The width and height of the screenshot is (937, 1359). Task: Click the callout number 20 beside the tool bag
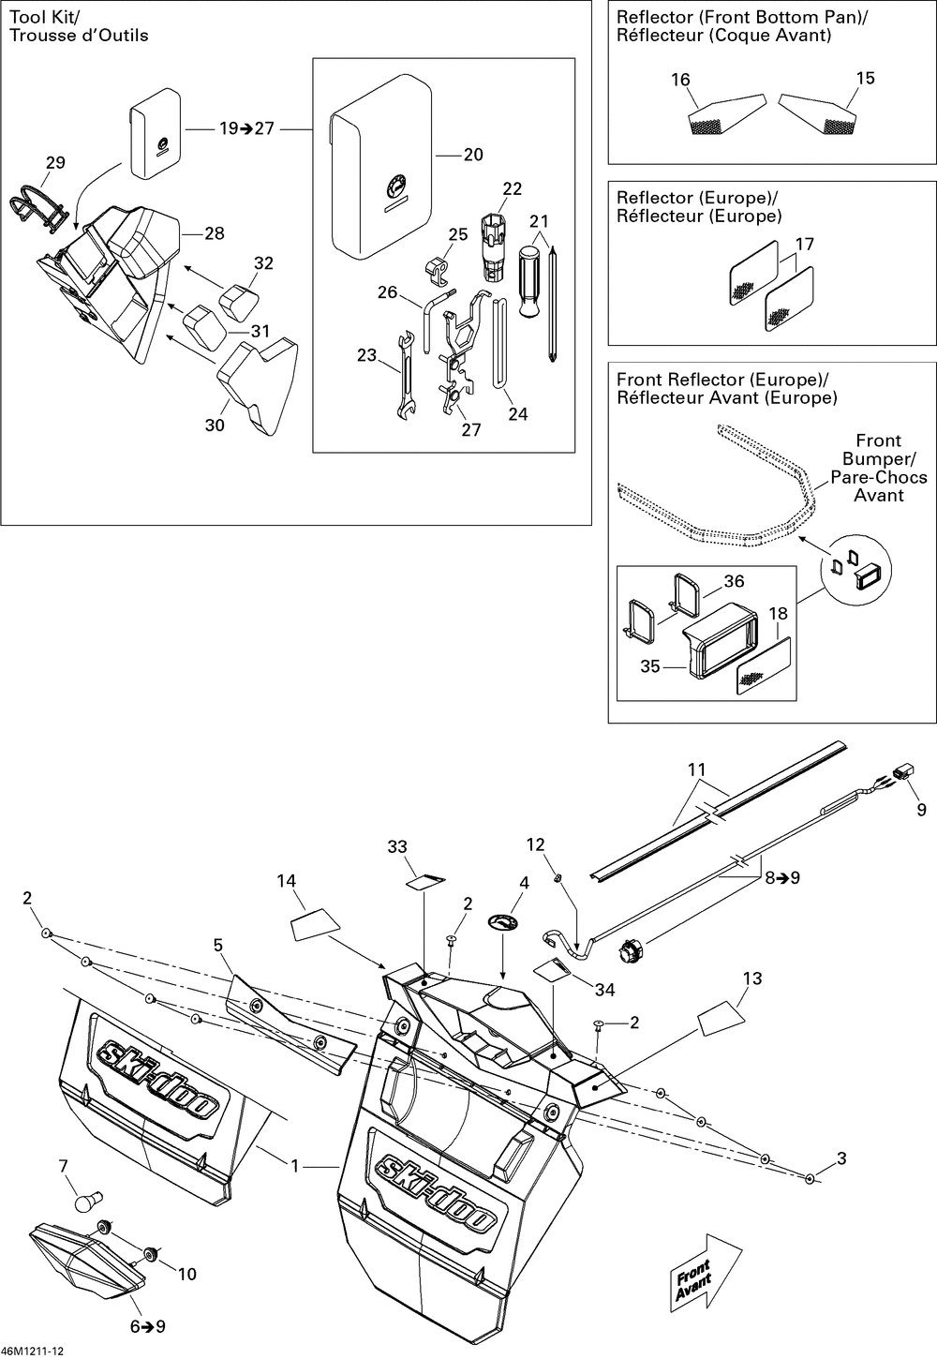coord(473,155)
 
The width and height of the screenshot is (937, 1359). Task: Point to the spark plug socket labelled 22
coord(495,246)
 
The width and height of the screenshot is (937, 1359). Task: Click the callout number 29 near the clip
coord(55,162)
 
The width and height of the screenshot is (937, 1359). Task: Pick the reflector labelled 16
coord(726,114)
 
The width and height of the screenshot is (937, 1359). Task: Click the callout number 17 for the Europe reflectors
coord(804,244)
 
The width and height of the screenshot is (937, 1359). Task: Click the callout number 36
coord(734,581)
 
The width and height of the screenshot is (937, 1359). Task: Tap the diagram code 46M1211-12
coord(33,1351)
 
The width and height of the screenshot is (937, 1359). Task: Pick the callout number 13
coord(752,978)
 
